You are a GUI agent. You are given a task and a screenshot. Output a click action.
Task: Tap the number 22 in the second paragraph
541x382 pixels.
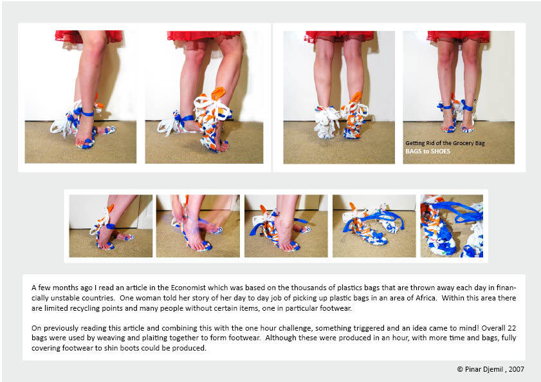(x=511, y=328)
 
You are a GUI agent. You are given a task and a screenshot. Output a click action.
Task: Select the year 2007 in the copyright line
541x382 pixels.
(x=516, y=369)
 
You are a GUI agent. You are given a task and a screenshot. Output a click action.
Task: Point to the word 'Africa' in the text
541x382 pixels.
(x=426, y=298)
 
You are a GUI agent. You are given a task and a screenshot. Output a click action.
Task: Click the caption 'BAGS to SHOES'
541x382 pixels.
(x=428, y=152)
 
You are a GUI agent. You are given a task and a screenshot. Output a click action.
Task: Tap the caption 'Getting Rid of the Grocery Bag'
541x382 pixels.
(x=445, y=143)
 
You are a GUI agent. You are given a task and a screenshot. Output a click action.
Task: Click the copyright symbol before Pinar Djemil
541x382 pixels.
(x=460, y=369)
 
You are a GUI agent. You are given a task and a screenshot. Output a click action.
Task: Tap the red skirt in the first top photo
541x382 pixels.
(x=89, y=36)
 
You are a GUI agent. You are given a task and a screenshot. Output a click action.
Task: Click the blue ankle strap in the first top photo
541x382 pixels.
(x=87, y=112)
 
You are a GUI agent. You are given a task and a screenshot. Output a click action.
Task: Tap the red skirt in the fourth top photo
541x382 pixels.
(x=458, y=36)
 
